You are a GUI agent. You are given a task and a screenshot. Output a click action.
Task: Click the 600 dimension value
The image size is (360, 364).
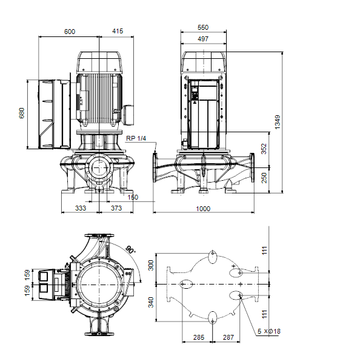pyautogui.click(x=70, y=32)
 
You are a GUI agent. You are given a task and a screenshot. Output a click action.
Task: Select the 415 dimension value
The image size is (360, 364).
pyautogui.click(x=118, y=31)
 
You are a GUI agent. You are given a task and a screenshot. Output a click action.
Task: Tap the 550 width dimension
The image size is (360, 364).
pyautogui.click(x=203, y=27)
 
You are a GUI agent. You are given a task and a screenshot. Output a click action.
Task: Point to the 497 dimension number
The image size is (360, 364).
pyautogui.click(x=203, y=39)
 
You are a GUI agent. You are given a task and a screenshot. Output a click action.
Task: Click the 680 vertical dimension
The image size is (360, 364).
pyautogui.click(x=22, y=113)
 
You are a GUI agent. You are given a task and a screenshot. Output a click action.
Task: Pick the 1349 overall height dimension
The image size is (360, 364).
pyautogui.click(x=278, y=122)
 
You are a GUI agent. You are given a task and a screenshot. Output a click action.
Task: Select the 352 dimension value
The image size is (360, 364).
pyautogui.click(x=264, y=149)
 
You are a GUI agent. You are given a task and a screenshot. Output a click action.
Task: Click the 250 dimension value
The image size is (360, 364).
pyautogui.click(x=264, y=178)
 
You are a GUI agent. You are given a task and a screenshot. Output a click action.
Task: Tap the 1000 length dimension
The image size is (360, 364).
pyautogui.click(x=203, y=209)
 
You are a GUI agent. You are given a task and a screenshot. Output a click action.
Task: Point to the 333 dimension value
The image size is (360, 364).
pyautogui.click(x=81, y=208)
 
